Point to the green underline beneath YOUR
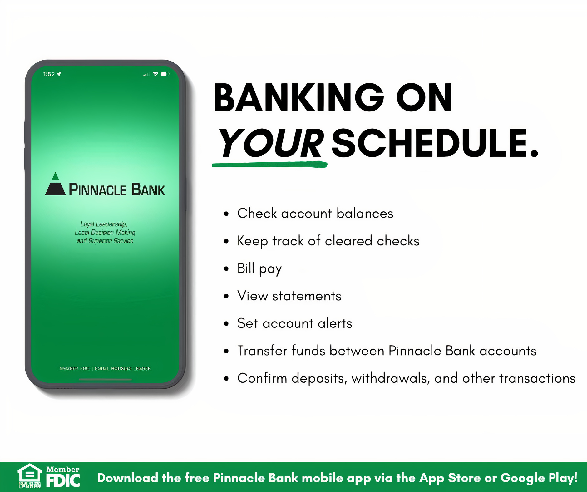270,164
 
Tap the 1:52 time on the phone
49,74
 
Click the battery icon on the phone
165,74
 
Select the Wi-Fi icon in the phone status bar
155,74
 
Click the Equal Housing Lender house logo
29,475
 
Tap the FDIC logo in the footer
63,477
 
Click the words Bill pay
259,269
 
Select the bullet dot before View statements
226,296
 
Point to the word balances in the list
365,214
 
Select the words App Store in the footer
450,478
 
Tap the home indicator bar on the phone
105,380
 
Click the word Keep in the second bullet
253,241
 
